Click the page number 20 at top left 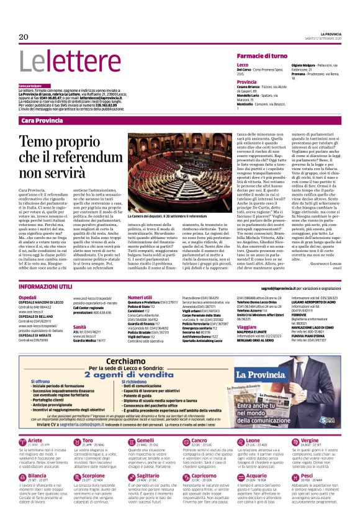click(x=24, y=37)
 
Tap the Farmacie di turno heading click(x=262, y=56)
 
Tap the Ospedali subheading click(x=29, y=298)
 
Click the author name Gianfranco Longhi click(x=322, y=265)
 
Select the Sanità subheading click(x=79, y=326)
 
